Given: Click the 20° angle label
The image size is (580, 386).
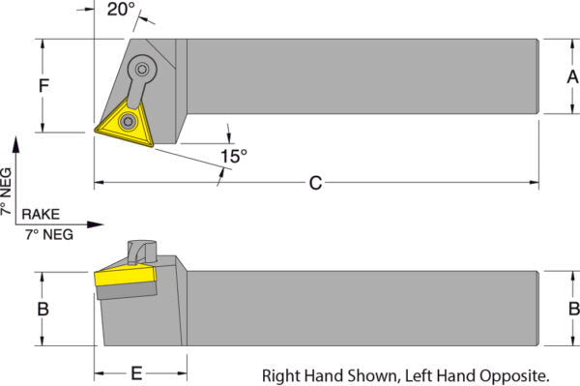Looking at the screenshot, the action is click(121, 10).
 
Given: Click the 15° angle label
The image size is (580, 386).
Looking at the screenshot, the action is click(234, 156).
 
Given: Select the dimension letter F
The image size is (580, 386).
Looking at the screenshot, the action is click(44, 85).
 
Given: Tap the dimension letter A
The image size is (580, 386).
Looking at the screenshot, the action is click(572, 77).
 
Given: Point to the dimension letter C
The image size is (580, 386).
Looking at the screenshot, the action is click(315, 183).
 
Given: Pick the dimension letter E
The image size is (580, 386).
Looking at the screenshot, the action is click(136, 373).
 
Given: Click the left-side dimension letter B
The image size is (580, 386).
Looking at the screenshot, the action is click(43, 309).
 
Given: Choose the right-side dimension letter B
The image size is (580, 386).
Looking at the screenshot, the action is click(574, 309).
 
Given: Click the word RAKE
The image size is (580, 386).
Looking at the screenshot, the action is click(41, 214).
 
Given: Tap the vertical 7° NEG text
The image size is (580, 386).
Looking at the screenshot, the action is click(7, 192).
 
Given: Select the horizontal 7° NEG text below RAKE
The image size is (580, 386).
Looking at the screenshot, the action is click(49, 235).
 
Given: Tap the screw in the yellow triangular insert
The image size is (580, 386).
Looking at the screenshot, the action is click(128, 121).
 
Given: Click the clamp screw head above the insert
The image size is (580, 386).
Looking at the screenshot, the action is click(142, 69).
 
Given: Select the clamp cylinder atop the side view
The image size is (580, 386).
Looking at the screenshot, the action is click(142, 252).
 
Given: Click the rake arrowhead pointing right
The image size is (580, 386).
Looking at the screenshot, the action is click(96, 224).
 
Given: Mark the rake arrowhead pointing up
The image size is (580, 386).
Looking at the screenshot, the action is click(15, 144).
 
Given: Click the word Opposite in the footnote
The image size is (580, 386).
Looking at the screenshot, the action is click(514, 376).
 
